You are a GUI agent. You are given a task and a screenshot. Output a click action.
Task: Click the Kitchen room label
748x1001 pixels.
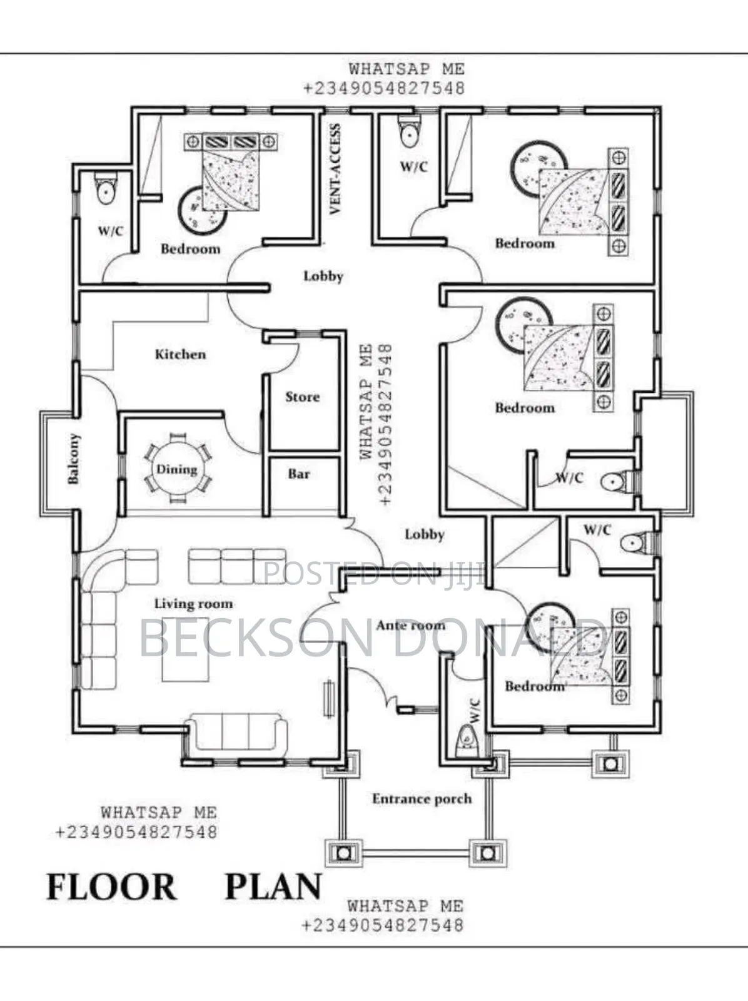click(x=181, y=354)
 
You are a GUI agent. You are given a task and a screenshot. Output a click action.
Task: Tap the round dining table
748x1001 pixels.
click(x=178, y=469)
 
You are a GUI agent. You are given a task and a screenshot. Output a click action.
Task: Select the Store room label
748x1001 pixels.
click(x=302, y=397)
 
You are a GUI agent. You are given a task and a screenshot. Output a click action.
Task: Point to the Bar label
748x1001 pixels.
click(x=299, y=474)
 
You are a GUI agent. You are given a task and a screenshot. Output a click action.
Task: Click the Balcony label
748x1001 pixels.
click(x=73, y=459)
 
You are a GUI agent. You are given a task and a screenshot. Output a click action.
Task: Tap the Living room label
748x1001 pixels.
click(x=194, y=604)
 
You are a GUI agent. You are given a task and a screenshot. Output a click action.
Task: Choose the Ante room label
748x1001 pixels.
click(x=411, y=625)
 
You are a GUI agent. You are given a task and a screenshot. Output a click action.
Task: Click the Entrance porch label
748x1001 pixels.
click(x=422, y=799)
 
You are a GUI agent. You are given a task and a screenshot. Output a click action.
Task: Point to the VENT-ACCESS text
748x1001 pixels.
click(x=335, y=169)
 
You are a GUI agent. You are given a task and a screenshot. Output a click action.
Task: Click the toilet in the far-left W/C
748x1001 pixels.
click(x=106, y=188)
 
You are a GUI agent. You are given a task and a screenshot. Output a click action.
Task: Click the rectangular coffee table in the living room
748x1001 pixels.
click(x=186, y=649)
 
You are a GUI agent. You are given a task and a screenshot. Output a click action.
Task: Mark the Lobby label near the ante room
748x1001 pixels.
click(x=425, y=534)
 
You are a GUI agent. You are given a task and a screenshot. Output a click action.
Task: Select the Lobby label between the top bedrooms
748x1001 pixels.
click(x=323, y=276)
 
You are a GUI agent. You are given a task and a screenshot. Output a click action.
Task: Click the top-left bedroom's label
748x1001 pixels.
click(x=191, y=249)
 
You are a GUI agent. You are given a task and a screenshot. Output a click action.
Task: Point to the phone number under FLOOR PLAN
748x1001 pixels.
click(x=383, y=925)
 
